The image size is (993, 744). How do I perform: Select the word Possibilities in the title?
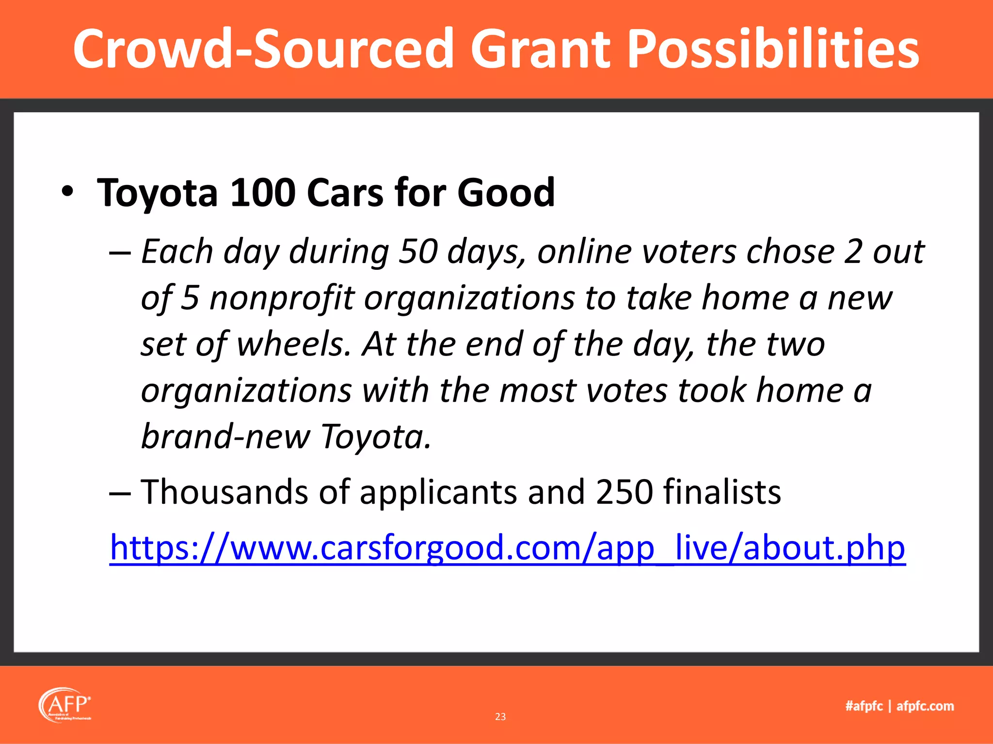[773, 48]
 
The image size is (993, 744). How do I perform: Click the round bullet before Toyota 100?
[68, 192]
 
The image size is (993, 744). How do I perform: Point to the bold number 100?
[262, 192]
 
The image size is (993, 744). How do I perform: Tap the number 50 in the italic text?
[418, 252]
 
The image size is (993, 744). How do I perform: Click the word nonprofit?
[282, 298]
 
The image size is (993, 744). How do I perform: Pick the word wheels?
[293, 344]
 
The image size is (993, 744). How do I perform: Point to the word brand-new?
[225, 436]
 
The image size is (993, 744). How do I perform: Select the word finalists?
[722, 492]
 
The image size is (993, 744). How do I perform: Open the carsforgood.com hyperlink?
[507, 548]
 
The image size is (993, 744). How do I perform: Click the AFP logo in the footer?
[65, 704]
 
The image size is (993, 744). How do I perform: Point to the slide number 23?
[500, 716]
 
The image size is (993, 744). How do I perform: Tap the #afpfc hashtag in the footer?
[864, 706]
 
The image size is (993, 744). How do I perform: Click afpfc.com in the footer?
[925, 706]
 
